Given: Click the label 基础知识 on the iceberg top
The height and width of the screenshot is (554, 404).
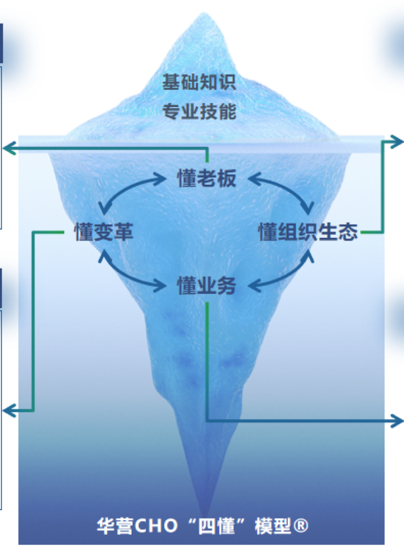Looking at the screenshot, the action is [x=199, y=82].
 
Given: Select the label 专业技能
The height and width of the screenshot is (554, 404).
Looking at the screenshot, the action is [x=199, y=112].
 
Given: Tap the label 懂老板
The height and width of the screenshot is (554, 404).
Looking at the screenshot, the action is [x=206, y=178].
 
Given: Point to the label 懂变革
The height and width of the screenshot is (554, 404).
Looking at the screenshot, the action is [x=104, y=232].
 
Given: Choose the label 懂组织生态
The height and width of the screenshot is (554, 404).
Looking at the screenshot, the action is [x=308, y=232].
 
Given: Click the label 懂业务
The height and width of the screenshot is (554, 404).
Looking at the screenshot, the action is [x=206, y=286].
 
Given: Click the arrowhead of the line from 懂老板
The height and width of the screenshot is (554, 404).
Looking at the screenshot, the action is [x=9, y=148].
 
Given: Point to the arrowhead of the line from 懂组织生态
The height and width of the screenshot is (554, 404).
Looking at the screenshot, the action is [x=397, y=142].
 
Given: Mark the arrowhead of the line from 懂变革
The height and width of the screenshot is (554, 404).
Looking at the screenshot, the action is [x=9, y=410].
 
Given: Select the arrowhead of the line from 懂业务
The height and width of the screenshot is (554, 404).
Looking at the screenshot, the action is [x=397, y=421].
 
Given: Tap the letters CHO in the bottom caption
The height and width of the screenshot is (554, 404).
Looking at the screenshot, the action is [x=156, y=525].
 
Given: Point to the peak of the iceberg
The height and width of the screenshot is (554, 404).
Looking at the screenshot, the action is [x=204, y=13].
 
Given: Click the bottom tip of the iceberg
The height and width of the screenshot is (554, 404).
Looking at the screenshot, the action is [x=204, y=514].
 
